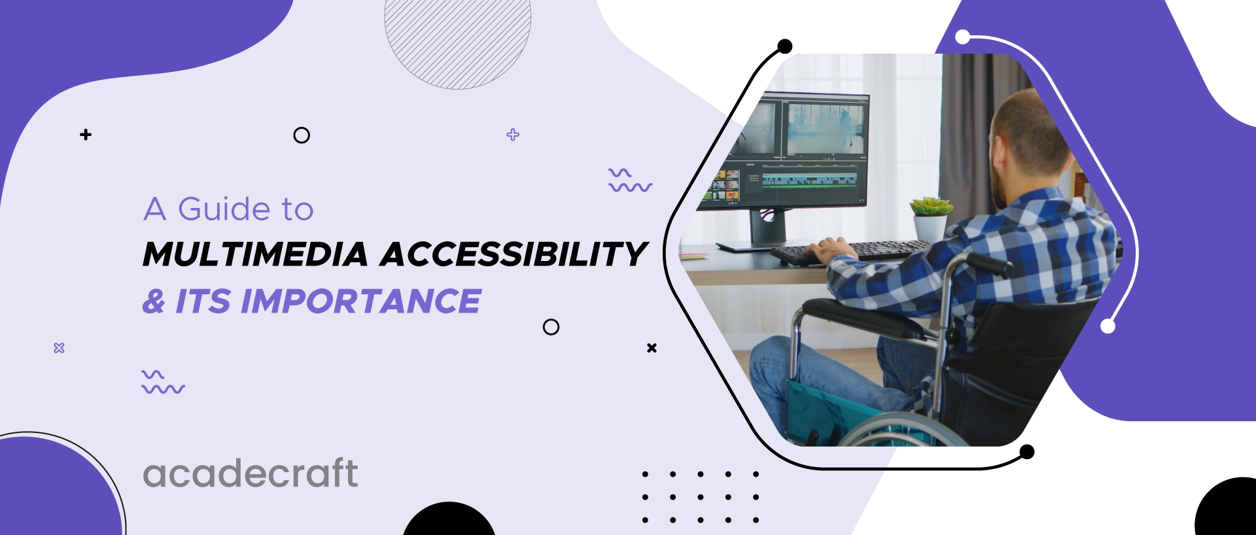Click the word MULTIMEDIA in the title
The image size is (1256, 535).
[x=255, y=254]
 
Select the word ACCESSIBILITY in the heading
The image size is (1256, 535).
[x=514, y=254]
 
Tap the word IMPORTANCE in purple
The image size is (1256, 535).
[x=361, y=302]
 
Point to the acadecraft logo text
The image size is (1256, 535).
[x=251, y=473]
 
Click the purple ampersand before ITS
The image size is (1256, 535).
[x=154, y=302]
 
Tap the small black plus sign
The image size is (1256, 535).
[x=86, y=135]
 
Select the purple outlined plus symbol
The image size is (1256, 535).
[x=513, y=135]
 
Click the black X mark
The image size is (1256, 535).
[x=652, y=348]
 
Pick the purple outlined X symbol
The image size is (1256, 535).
[x=59, y=348]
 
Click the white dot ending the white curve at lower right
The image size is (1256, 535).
[x=1108, y=326]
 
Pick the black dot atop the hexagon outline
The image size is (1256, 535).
[x=785, y=46]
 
